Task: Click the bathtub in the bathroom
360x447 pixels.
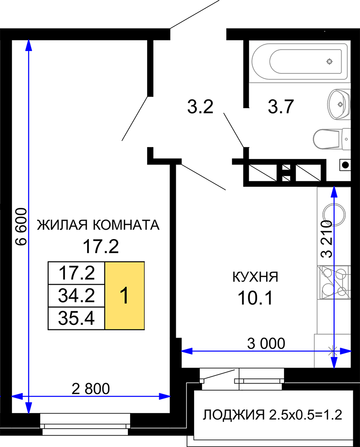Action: (300, 61)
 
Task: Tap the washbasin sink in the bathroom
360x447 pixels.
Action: (339, 104)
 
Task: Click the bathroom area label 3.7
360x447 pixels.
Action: (281, 107)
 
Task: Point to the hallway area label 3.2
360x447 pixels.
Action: (200, 107)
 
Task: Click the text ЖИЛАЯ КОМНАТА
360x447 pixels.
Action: (98, 225)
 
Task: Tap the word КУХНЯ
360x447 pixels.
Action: (255, 277)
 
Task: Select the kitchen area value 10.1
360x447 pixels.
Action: (255, 298)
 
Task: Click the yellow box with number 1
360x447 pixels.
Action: (124, 295)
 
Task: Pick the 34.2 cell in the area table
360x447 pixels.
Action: (76, 295)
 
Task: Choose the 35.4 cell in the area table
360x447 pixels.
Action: (76, 318)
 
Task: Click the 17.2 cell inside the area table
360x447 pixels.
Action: (76, 273)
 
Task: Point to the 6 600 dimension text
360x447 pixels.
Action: (21, 227)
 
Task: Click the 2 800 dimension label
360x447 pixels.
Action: (91, 389)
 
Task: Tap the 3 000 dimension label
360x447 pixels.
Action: (266, 343)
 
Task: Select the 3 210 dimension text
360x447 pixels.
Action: (326, 239)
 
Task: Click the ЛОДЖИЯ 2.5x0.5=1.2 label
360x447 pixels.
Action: (272, 415)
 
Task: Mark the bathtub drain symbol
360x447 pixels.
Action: (330, 61)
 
